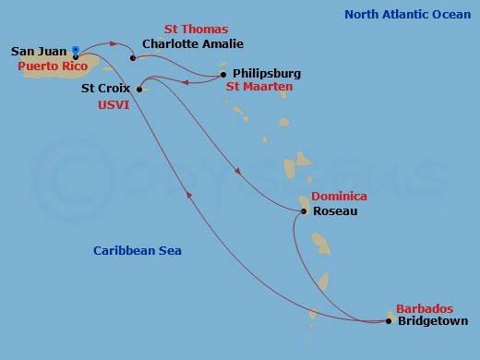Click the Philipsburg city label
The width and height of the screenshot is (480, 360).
click(267, 73)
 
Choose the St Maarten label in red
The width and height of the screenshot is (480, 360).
click(259, 87)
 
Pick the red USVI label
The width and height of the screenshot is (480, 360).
click(113, 105)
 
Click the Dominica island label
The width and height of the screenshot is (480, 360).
click(339, 197)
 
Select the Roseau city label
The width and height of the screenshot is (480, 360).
click(335, 211)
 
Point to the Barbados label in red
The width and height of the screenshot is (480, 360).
click(425, 308)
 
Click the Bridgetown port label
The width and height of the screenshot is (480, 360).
click(432, 321)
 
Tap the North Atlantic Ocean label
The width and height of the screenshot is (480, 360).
click(406, 15)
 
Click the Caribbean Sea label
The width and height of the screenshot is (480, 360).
click(138, 250)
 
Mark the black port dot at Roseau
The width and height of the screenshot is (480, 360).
click(304, 211)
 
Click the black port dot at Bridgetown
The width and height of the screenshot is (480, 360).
click(389, 321)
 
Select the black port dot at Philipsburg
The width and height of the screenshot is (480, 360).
click(223, 74)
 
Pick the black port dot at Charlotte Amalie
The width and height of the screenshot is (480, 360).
click(133, 57)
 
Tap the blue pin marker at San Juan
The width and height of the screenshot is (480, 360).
click(75, 51)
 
